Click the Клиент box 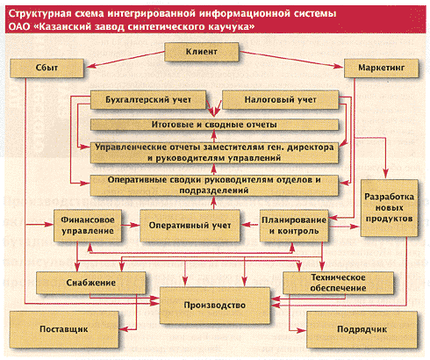pyautogui.click(x=202, y=52)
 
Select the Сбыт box pyautogui.click(x=47, y=68)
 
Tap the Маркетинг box pyautogui.click(x=381, y=68)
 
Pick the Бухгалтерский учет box pyautogui.click(x=148, y=100)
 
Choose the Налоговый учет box pyautogui.click(x=280, y=100)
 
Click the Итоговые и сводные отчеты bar pyautogui.click(x=214, y=125)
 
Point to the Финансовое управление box pyautogui.click(x=88, y=226)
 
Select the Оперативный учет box pyautogui.click(x=190, y=226)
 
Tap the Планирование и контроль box pyautogui.click(x=294, y=226)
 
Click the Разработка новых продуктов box pyautogui.click(x=389, y=208)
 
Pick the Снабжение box pyautogui.click(x=90, y=283)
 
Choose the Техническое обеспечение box pyautogui.click(x=338, y=283)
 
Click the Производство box pyautogui.click(x=215, y=306)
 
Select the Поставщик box pyautogui.click(x=64, y=329)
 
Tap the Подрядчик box pyautogui.click(x=362, y=329)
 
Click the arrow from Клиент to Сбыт pyautogui.click(x=125, y=60)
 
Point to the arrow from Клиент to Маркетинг pyautogui.click(x=290, y=60)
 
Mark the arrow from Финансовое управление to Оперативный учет pyautogui.click(x=131, y=225)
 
